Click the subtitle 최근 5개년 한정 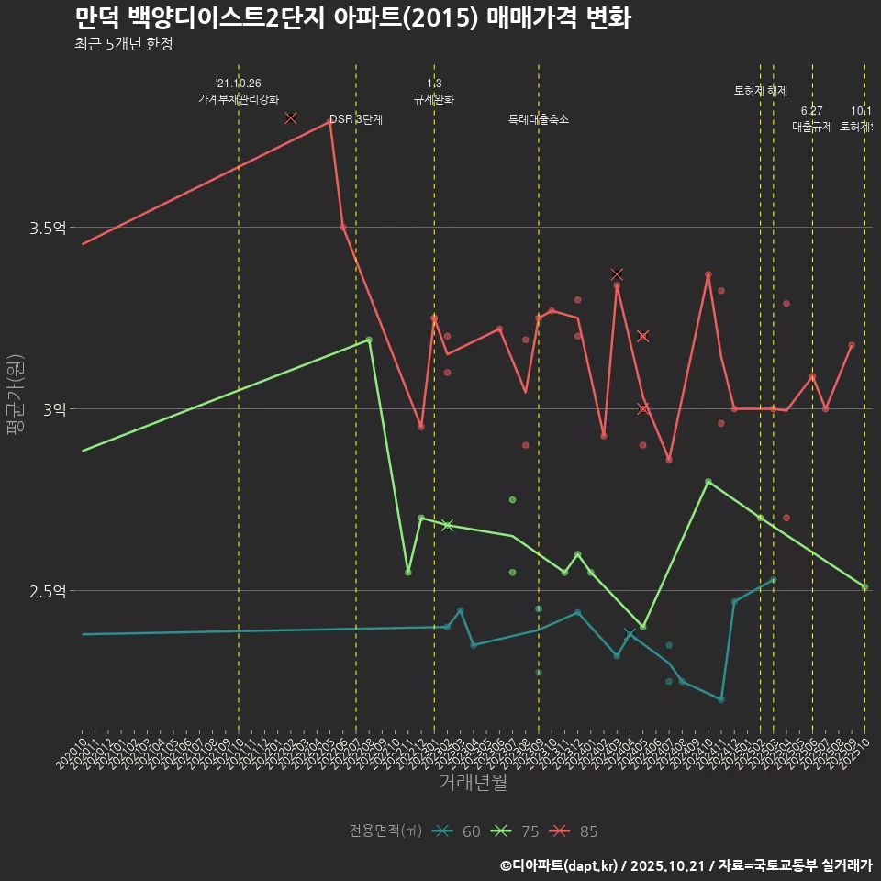pyautogui.click(x=123, y=44)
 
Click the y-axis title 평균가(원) pyautogui.click(x=16, y=396)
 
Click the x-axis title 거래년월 pyautogui.click(x=473, y=783)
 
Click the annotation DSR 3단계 pyautogui.click(x=356, y=119)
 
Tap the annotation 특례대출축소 pyautogui.click(x=539, y=119)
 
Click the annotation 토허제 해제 pyautogui.click(x=761, y=91)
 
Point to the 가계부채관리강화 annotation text pyautogui.click(x=239, y=99)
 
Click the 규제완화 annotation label pyautogui.click(x=434, y=99)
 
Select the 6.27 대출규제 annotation pyautogui.click(x=812, y=119)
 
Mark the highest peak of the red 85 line pyautogui.click(x=329, y=120)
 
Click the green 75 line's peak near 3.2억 pyautogui.click(x=369, y=340)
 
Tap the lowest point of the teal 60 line pyautogui.click(x=720, y=699)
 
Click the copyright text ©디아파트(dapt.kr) pyautogui.click(x=560, y=865)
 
